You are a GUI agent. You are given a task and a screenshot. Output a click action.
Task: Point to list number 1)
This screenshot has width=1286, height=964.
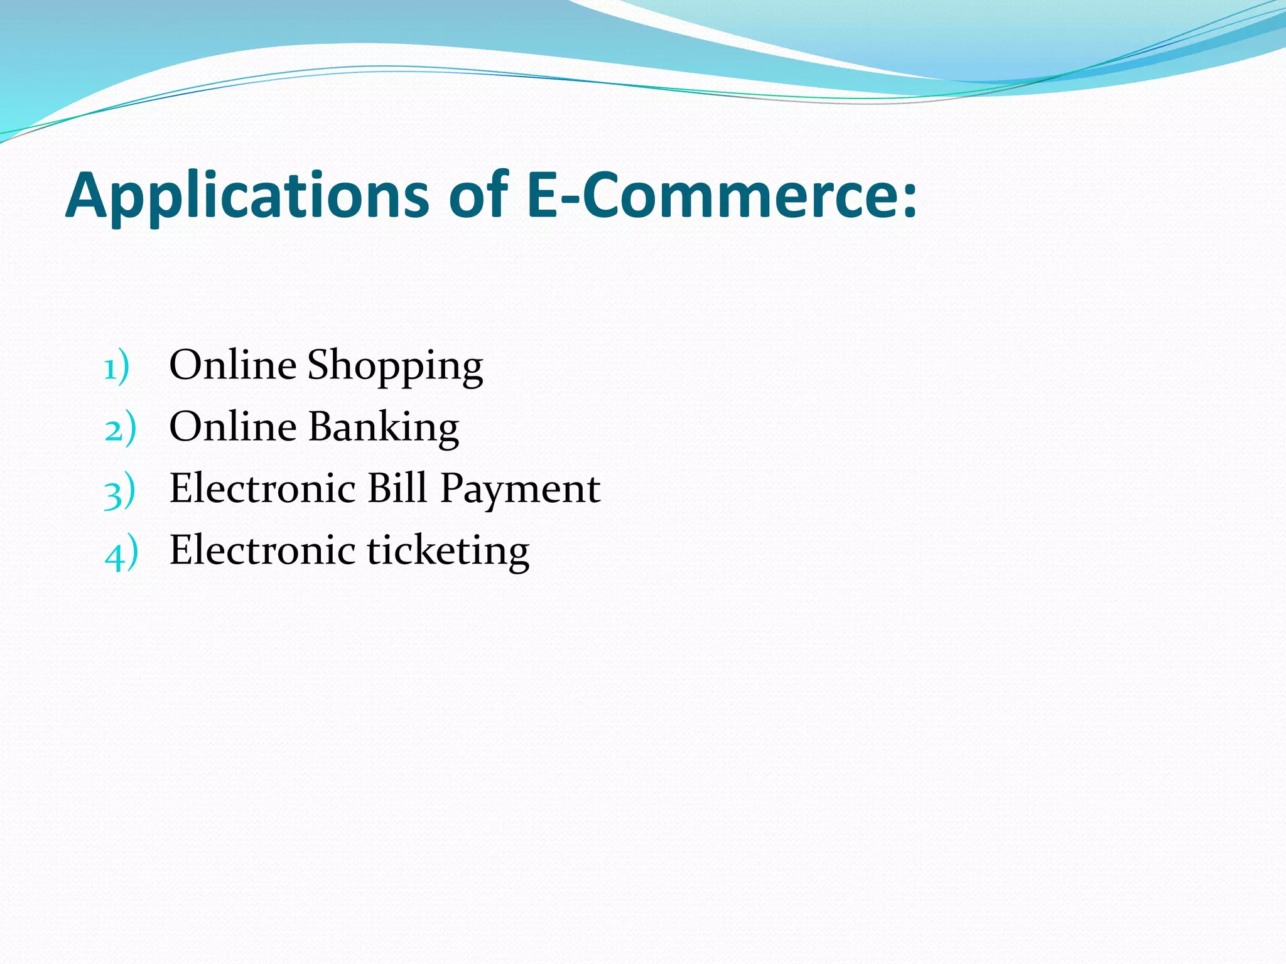[116, 367]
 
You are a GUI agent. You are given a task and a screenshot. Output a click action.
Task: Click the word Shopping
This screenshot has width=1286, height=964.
[395, 366]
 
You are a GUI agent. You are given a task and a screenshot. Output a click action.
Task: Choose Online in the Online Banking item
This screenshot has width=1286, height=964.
[233, 427]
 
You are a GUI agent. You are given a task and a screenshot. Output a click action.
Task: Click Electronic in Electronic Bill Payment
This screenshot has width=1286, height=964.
[263, 488]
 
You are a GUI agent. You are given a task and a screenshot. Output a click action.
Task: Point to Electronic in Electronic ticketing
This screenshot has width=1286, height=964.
[263, 550]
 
